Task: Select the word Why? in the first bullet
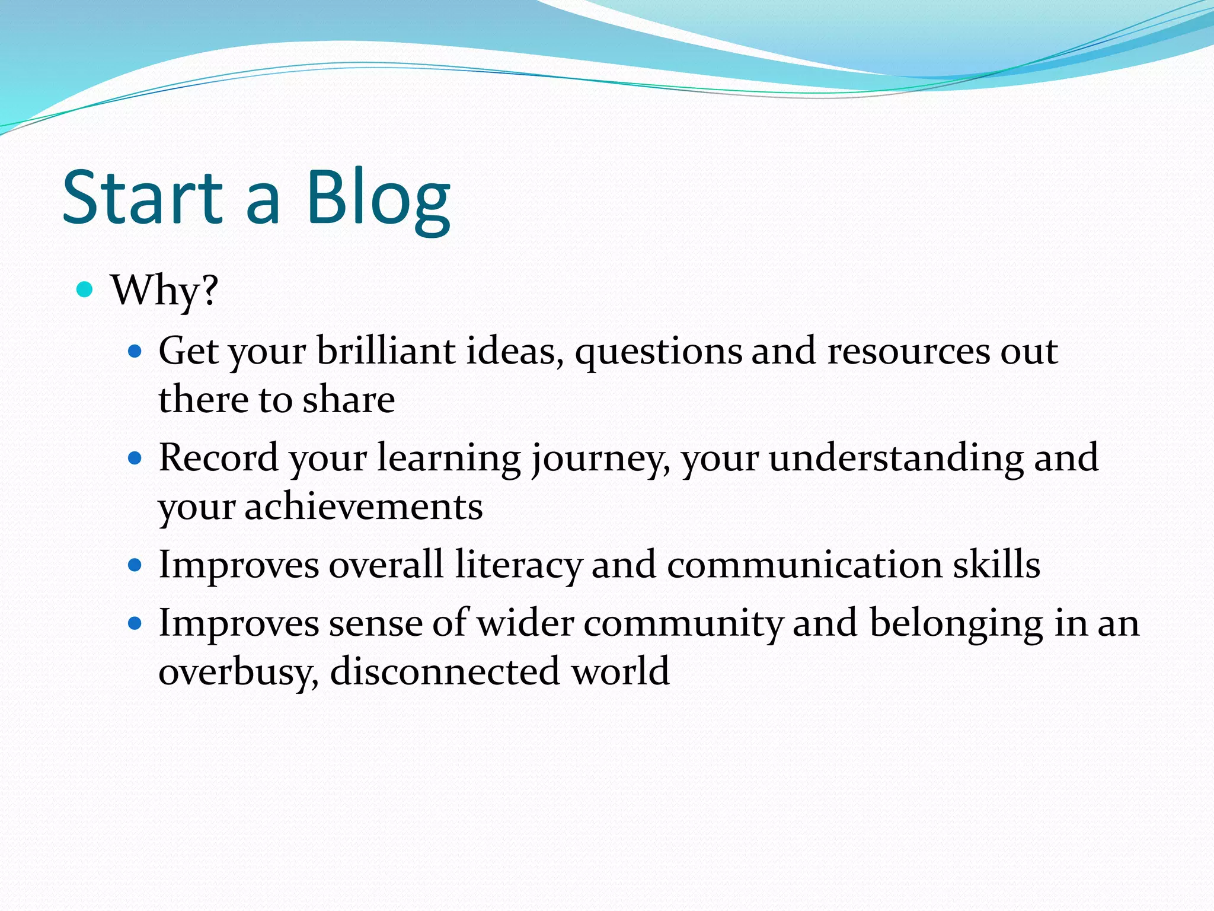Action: click(165, 291)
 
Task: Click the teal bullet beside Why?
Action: click(85, 289)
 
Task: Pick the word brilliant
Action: click(385, 351)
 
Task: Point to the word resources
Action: click(908, 352)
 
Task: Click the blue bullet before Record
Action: click(136, 458)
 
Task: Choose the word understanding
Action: click(896, 458)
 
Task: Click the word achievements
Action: click(363, 507)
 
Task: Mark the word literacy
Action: click(518, 565)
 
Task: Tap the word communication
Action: click(804, 565)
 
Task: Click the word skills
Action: click(996, 565)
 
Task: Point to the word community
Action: click(683, 624)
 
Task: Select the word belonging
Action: click(956, 624)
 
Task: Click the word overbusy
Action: click(238, 672)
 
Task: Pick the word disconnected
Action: click(445, 671)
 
